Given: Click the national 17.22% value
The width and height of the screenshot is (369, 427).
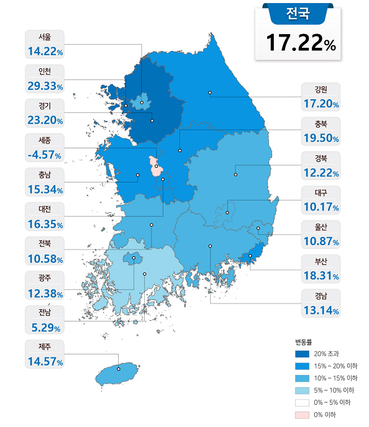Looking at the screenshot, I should tap(301, 42).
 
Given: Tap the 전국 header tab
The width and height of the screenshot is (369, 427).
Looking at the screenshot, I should tap(298, 12).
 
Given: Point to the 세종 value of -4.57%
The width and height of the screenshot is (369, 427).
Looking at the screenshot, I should tap(44, 154).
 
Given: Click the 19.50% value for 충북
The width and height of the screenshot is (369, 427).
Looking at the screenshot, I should tap(321, 138).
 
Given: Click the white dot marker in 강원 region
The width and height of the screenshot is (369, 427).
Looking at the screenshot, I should tap(210, 93).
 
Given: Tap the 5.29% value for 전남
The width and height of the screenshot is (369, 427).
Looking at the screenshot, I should tap(44, 325).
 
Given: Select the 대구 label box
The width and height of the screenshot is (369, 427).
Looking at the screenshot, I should tap(321, 200).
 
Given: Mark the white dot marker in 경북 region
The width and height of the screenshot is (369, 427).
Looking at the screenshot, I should tap(235, 174).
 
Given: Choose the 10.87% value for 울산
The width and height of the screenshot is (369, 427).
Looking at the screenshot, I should tap(321, 241).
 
